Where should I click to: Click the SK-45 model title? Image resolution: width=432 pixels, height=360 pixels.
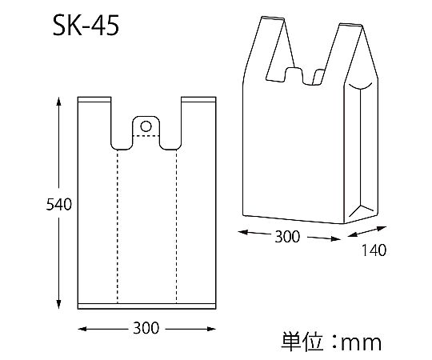(x=86, y=26)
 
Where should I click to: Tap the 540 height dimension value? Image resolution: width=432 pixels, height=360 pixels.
(x=58, y=204)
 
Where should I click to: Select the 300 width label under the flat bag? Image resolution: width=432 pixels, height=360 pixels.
(x=146, y=328)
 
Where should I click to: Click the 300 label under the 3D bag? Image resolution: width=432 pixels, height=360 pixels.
(x=287, y=237)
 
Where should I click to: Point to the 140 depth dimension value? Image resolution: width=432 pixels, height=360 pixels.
(x=374, y=250)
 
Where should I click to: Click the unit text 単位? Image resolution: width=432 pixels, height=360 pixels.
(x=302, y=342)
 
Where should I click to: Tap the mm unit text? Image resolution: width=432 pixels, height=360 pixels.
(x=362, y=343)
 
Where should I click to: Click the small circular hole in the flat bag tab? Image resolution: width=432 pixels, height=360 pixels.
(x=146, y=126)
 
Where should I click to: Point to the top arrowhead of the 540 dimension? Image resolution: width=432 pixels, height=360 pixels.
(x=58, y=101)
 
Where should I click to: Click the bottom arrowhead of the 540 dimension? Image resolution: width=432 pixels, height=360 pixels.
(x=58, y=304)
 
